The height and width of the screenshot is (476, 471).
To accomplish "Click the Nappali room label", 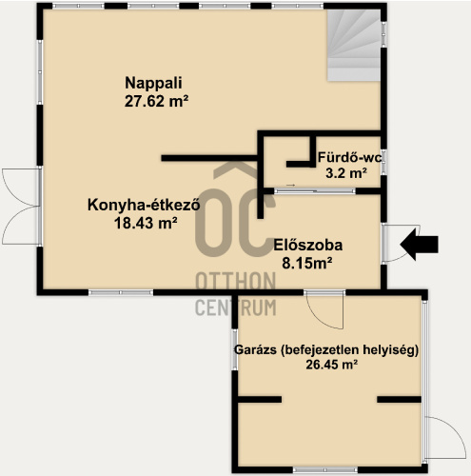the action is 153,83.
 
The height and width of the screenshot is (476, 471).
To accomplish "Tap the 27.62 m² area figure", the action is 156,101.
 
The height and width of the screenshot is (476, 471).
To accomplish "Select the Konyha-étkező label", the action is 144,205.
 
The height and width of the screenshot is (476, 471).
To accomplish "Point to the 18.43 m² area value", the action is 146,223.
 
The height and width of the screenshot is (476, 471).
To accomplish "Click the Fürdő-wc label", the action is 349,157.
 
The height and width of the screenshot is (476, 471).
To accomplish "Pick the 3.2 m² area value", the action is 346,173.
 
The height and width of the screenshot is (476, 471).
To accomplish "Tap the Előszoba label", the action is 308,246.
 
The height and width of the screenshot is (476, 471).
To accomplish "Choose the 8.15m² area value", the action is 307,263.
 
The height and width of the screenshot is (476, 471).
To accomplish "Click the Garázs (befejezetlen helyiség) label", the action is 326,350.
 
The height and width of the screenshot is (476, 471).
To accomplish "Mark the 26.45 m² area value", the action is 332,365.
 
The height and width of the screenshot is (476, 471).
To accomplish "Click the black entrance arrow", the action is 419,245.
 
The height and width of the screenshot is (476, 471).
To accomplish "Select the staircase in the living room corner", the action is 354,45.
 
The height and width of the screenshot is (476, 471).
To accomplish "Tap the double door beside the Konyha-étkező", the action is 21,207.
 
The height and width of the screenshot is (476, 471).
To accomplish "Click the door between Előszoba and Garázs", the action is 324,309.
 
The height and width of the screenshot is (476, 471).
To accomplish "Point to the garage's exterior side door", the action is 444,437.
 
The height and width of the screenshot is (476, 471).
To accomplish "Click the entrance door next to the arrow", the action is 401,244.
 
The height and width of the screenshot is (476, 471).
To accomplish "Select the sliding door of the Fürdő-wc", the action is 314,191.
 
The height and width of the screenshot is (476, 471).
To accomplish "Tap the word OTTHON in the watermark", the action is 236,281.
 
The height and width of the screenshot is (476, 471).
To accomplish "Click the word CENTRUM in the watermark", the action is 236,307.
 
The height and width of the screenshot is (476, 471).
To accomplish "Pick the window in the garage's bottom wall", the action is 325,469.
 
